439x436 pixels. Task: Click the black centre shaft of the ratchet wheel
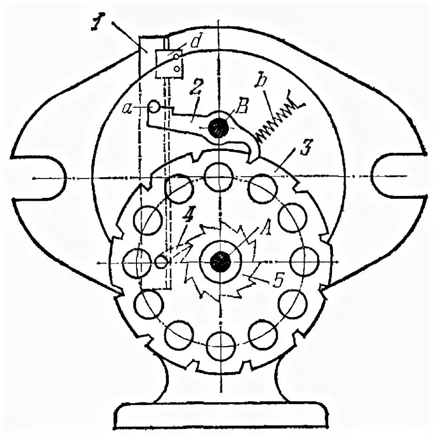tap(219, 261)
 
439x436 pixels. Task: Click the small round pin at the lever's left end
tap(154, 107)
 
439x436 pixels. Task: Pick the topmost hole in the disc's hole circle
tap(219, 177)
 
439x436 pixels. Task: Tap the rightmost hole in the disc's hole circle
tap(304, 261)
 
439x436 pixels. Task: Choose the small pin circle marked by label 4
tap(161, 261)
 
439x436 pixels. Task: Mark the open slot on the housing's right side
tap(396, 176)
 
